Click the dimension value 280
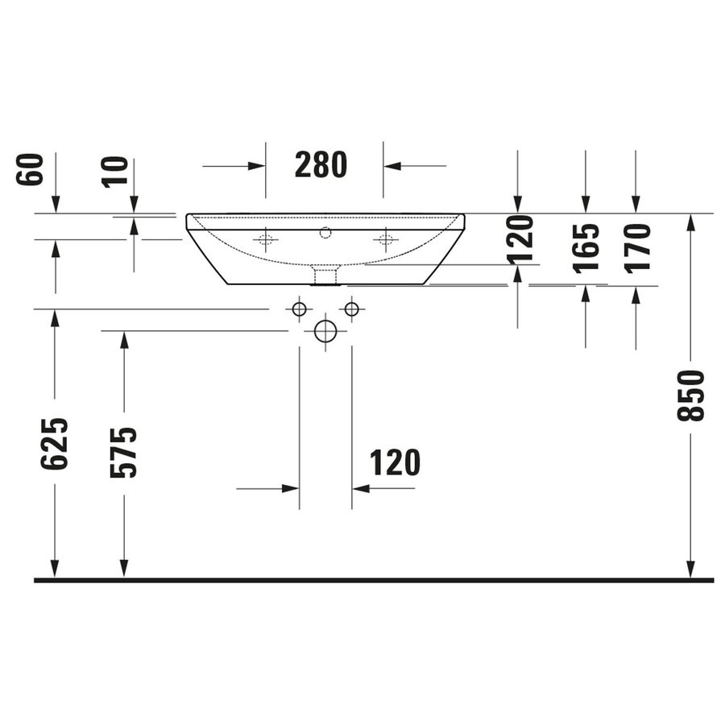[321, 165]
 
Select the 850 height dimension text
[692, 395]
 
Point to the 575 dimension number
[124, 452]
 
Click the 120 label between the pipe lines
[395, 463]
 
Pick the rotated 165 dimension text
[586, 247]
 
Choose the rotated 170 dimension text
[636, 247]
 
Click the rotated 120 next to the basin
[520, 238]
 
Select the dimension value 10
[116, 172]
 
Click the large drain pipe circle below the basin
[325, 332]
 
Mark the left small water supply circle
[299, 309]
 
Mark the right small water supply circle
[351, 309]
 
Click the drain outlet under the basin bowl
[325, 275]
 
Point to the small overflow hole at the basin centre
[325, 233]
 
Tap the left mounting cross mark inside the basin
[266, 238]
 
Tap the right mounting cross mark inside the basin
[386, 238]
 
